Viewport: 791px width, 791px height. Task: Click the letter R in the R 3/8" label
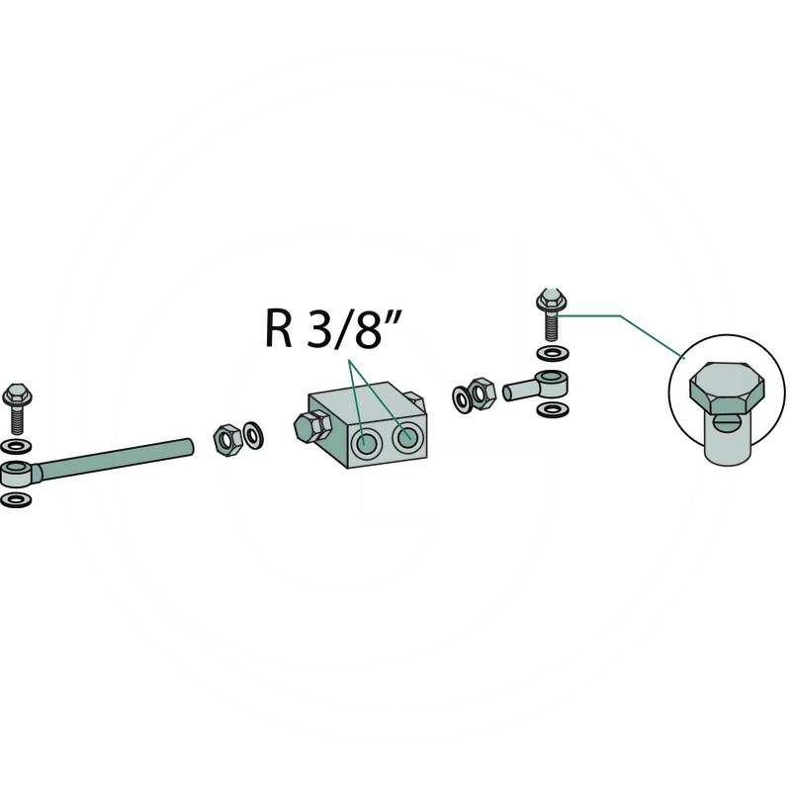278,329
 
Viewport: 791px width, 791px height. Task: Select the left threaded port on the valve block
366,444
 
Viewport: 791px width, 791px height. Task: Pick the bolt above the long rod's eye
17,401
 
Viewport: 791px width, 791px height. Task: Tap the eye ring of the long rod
19,471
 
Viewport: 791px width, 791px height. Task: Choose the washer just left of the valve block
253,433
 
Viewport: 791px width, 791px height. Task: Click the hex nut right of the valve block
482,393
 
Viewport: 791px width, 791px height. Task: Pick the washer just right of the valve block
462,397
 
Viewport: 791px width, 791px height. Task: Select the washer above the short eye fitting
550,353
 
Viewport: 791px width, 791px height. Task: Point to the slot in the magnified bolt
728,426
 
